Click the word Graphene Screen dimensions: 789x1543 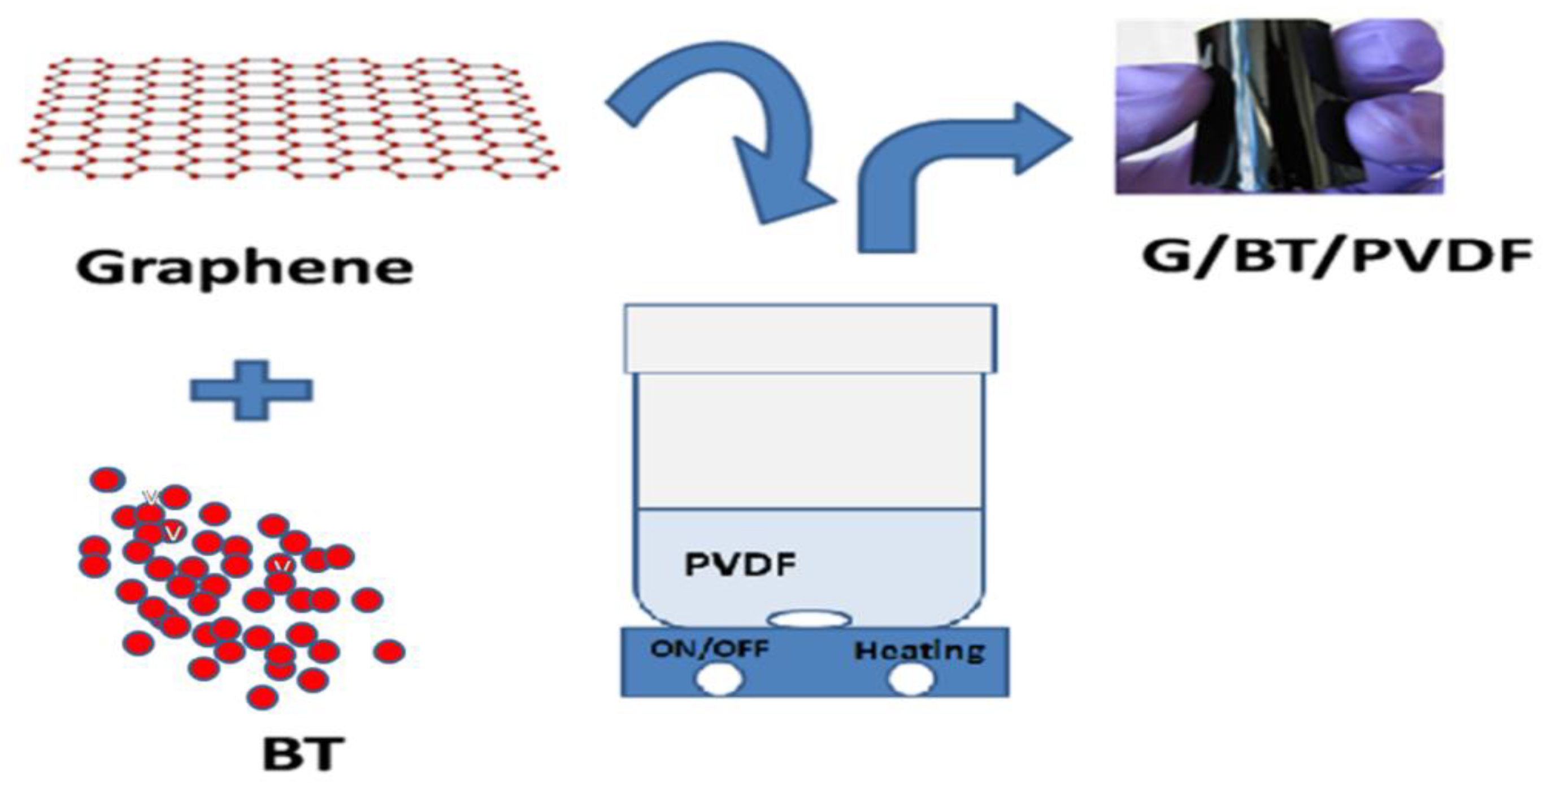coord(245,268)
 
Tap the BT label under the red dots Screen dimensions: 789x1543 coord(303,755)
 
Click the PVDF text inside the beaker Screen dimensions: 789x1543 coord(740,564)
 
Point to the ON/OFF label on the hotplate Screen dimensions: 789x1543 coord(709,648)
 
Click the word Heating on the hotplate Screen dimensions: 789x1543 coord(919,651)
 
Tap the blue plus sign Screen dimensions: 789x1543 coord(251,390)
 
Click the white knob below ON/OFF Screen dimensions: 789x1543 coord(719,680)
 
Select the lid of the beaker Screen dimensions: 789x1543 coord(810,338)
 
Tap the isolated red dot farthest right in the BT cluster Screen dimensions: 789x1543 coord(389,651)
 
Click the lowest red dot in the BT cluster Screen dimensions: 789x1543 coord(262,698)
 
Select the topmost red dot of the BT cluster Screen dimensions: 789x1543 coord(107,479)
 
